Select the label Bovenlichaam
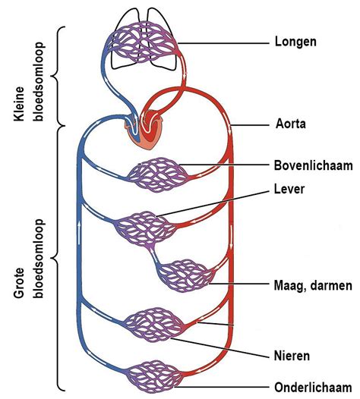click(309, 165)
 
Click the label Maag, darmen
click(311, 285)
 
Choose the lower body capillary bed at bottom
click(151, 376)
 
